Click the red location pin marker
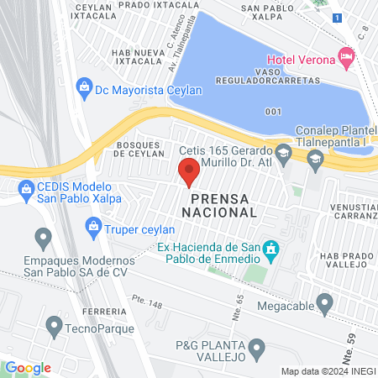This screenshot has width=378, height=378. point(189,172)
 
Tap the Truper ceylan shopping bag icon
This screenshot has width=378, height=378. point(94,226)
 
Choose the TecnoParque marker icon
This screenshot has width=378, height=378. point(55,323)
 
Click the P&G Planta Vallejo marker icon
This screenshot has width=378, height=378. point(258,346)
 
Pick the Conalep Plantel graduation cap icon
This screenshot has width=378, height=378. point(314,158)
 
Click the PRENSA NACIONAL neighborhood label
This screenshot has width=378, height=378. point(223,206)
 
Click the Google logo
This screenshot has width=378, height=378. point(28,367)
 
